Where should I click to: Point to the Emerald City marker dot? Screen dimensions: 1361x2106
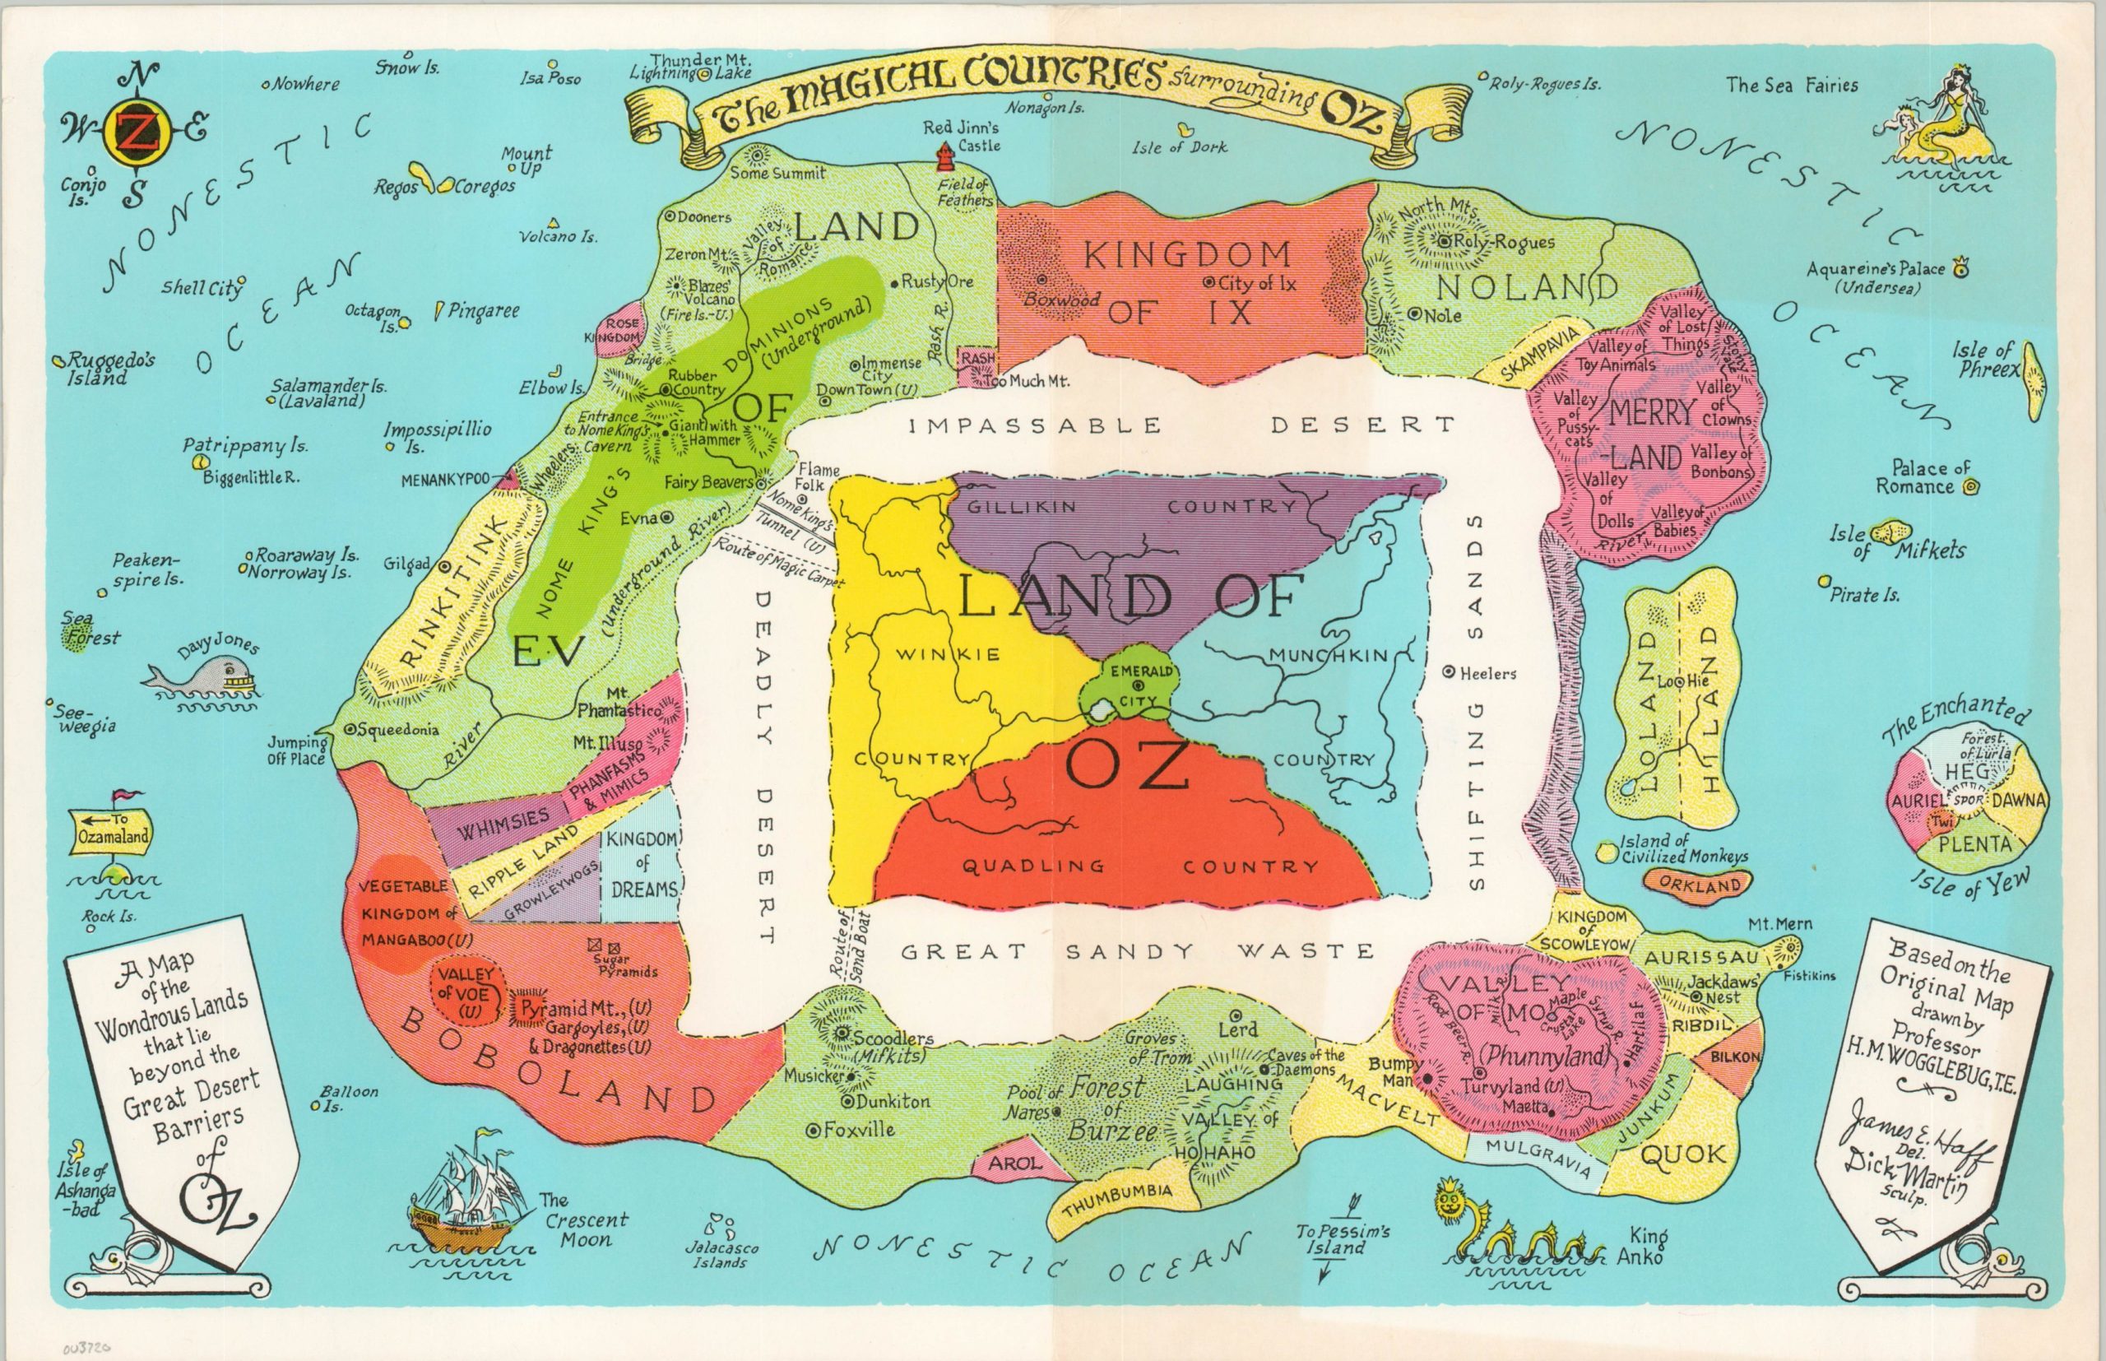[1138, 684]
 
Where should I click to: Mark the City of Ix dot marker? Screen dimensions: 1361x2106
[1208, 283]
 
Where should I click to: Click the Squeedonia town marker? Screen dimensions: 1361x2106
[350, 730]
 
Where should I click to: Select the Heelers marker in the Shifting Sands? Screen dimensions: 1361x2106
[1449, 672]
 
